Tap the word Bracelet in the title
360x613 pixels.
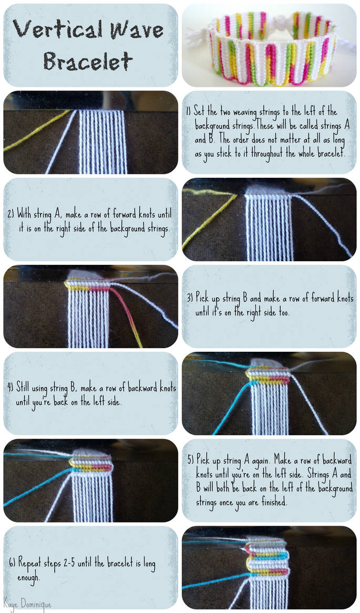pos(88,62)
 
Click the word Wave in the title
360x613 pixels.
pos(134,29)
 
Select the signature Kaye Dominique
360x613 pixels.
pos(27,604)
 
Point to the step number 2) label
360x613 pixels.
pos(11,214)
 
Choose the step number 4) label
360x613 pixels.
pos(11,389)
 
